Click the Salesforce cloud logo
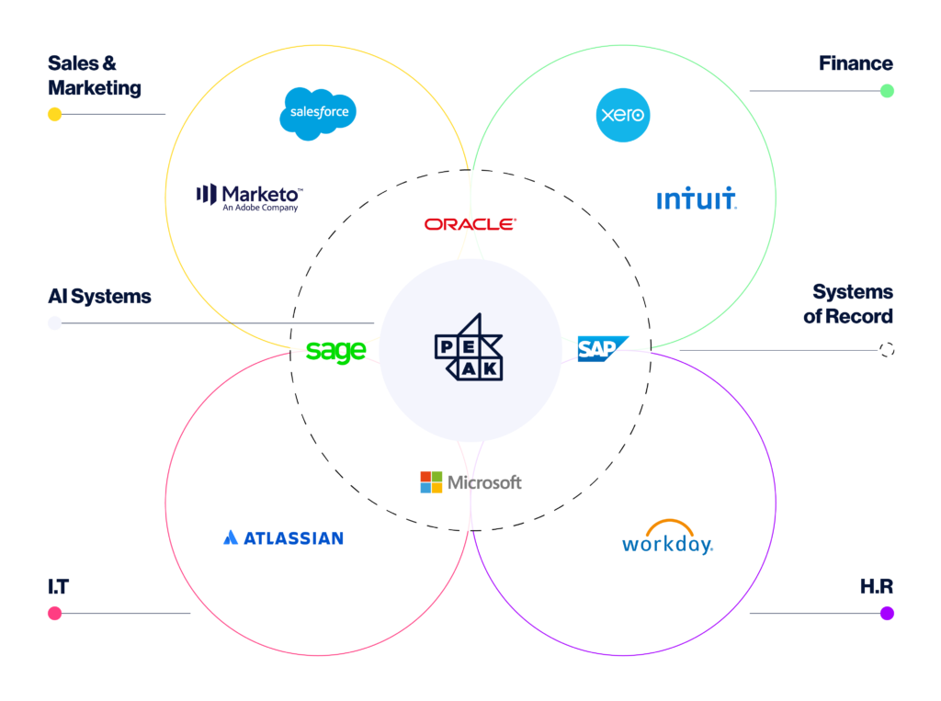pyautogui.click(x=318, y=113)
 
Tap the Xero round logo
pyautogui.click(x=623, y=115)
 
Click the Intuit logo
pyautogui.click(x=697, y=198)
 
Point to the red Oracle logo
pyautogui.click(x=470, y=224)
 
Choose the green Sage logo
pyautogui.click(x=336, y=351)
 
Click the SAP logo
pyautogui.click(x=603, y=349)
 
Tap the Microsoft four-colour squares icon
pyautogui.click(x=431, y=482)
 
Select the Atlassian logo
pyautogui.click(x=283, y=537)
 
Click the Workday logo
pyautogui.click(x=668, y=537)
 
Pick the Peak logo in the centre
pyautogui.click(x=469, y=347)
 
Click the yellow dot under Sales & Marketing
pyautogui.click(x=54, y=114)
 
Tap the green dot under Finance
pyautogui.click(x=887, y=91)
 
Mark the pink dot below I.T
pyautogui.click(x=54, y=613)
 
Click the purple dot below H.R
pyautogui.click(x=887, y=613)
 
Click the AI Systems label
pyautogui.click(x=99, y=297)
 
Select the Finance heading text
pyautogui.click(x=856, y=63)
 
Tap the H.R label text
pyautogui.click(x=876, y=586)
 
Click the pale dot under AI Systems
pyautogui.click(x=54, y=322)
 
